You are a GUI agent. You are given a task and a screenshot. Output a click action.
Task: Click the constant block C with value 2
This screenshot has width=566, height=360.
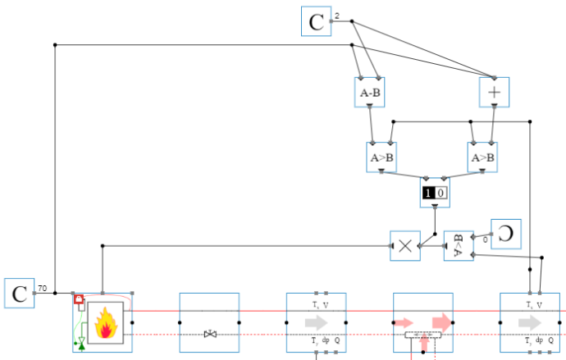(316, 21)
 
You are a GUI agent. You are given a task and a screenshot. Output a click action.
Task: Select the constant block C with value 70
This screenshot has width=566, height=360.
(19, 294)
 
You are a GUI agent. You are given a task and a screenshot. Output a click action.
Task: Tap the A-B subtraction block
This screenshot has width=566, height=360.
(370, 93)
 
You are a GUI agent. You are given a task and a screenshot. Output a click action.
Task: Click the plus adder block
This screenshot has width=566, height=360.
(494, 93)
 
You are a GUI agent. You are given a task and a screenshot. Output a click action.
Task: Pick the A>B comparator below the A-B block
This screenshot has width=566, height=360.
(381, 157)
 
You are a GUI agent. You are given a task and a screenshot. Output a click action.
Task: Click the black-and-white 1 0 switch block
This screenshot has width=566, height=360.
(434, 194)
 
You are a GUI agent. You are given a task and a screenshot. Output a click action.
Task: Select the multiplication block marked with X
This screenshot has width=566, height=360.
(405, 245)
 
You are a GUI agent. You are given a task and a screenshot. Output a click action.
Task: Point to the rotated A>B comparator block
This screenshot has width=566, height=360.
(459, 245)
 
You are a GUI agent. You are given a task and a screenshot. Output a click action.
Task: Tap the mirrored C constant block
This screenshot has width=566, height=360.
(506, 234)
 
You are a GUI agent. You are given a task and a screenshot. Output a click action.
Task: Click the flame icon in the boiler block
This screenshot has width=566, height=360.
(106, 322)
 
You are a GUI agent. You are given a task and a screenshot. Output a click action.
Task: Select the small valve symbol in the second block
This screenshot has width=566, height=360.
(210, 334)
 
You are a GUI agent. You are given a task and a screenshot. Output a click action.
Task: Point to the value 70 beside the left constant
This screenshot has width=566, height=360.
(42, 289)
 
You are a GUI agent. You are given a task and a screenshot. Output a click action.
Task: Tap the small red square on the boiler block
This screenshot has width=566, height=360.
(79, 300)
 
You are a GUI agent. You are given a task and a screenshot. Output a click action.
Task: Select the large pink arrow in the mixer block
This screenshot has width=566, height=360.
(441, 321)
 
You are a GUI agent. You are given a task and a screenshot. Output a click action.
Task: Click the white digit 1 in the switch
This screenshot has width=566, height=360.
(428, 194)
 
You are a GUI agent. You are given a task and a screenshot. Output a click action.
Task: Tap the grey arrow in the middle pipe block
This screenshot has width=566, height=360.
(317, 323)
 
